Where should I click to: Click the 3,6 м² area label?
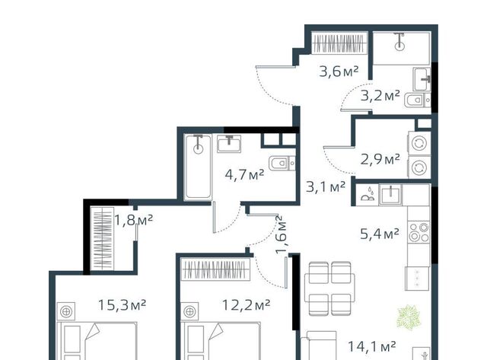tap(339, 72)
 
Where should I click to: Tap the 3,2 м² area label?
tap(380, 97)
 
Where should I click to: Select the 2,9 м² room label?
tap(380, 160)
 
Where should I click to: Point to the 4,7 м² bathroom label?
tap(245, 174)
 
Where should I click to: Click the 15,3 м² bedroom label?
tap(122, 304)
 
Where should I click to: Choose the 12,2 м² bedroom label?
tap(246, 305)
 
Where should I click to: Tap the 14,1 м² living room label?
tap(372, 346)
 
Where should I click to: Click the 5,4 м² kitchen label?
tap(380, 234)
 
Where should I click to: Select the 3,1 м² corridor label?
tap(326, 186)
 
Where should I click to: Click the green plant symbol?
tap(409, 317)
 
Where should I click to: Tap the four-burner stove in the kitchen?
tap(419, 232)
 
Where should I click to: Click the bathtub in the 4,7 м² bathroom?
tap(198, 167)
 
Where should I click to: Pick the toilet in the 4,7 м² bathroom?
tap(282, 163)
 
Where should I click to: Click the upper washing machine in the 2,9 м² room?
tap(419, 144)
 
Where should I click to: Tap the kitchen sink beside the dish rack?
tap(390, 194)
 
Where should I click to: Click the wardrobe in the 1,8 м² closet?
tap(102, 238)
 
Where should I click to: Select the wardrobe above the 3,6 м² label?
tap(339, 43)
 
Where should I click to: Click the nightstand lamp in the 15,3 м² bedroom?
tap(66, 311)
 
